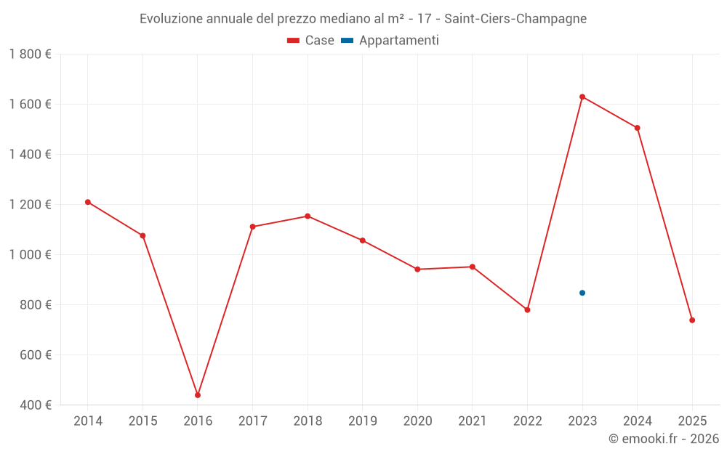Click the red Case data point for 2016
(198, 395)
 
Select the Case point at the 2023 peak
(582, 97)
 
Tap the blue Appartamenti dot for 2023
(582, 293)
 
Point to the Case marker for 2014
(88, 202)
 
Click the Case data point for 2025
(692, 320)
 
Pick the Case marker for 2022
(527, 310)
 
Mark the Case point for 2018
(308, 216)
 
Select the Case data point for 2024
(638, 128)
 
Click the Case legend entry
(311, 41)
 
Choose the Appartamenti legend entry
(390, 41)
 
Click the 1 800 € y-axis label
(31, 54)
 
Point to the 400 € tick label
(35, 405)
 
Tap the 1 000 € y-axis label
(31, 254)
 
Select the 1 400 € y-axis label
(31, 154)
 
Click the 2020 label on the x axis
(417, 421)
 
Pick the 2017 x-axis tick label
(252, 421)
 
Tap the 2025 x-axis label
(692, 421)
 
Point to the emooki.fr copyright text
(664, 439)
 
